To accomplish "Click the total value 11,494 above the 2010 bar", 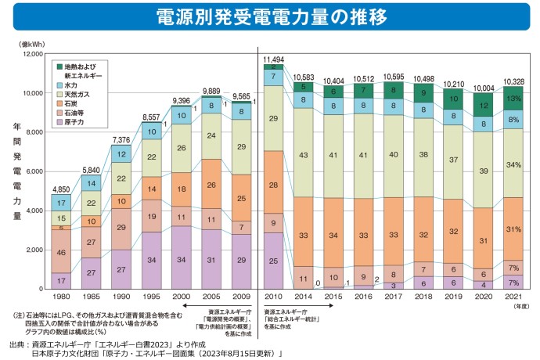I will click(x=273, y=59).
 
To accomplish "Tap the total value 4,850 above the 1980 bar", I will click(x=60, y=190).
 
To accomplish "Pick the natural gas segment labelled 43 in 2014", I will click(x=304, y=157).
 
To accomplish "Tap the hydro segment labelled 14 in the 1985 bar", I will click(x=93, y=184).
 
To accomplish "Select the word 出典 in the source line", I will click(x=16, y=343).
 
